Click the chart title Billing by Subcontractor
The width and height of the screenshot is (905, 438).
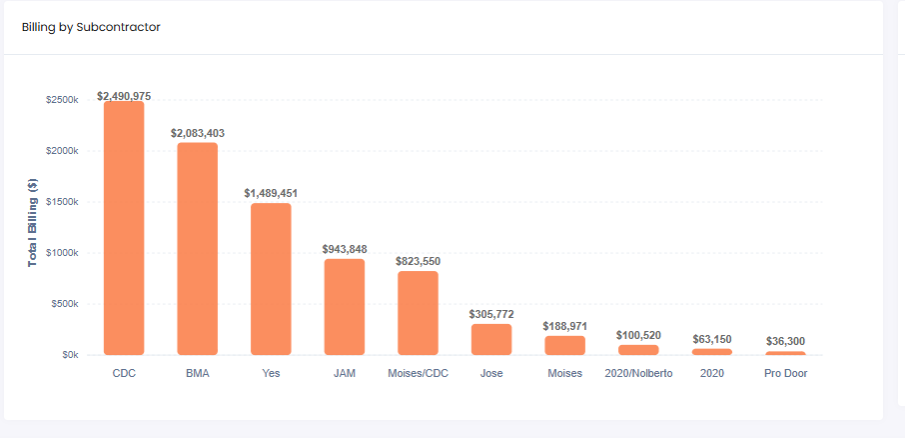tap(91, 27)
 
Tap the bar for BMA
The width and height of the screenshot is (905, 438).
tap(198, 249)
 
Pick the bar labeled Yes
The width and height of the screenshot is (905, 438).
tap(271, 279)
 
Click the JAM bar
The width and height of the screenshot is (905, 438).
tap(344, 307)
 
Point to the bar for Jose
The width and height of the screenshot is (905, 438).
tap(491, 339)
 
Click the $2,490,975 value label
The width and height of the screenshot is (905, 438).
tap(124, 96)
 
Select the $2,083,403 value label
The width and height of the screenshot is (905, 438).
tap(198, 133)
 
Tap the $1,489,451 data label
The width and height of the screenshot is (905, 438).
tap(271, 193)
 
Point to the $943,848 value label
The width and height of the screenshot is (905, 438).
tap(344, 249)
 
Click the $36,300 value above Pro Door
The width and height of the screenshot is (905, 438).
tap(785, 341)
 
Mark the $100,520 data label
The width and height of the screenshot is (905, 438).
tap(638, 335)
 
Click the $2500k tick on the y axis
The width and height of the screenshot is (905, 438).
tap(62, 100)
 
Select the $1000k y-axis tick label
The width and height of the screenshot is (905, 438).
tap(62, 253)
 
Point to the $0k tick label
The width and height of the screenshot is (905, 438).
tap(68, 355)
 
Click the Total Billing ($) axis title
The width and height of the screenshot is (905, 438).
tap(32, 221)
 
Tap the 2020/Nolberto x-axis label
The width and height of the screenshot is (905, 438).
tap(638, 374)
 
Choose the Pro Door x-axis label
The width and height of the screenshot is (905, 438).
tap(785, 374)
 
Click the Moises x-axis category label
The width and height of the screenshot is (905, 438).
tap(564, 374)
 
